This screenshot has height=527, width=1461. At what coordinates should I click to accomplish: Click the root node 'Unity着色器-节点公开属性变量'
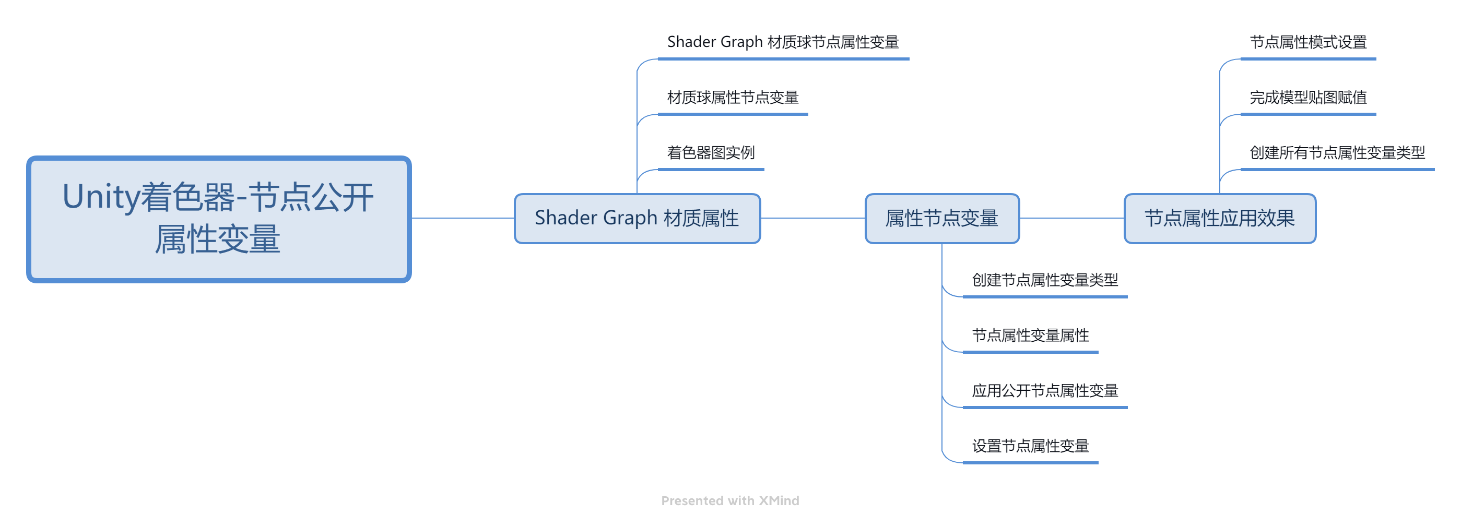tap(219, 219)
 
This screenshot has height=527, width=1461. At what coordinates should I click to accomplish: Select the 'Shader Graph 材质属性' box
tap(637, 218)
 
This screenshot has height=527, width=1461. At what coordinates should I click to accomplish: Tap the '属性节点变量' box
tap(942, 218)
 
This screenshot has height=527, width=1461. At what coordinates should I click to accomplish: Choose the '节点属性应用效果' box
tap(1220, 218)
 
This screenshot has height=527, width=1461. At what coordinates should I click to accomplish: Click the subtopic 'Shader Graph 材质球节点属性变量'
tap(783, 42)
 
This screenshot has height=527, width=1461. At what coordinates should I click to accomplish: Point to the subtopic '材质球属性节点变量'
tap(733, 98)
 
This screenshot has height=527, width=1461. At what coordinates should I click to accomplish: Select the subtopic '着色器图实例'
tap(711, 152)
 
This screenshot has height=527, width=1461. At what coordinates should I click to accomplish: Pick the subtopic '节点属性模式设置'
tap(1309, 42)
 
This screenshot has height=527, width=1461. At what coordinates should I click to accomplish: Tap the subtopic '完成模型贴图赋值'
tap(1309, 98)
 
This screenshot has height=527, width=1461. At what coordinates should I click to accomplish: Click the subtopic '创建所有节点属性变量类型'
tap(1337, 152)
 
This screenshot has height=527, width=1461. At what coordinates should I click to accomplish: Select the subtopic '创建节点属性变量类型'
tap(1045, 280)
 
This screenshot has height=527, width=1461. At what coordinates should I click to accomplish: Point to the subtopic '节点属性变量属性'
tap(1031, 336)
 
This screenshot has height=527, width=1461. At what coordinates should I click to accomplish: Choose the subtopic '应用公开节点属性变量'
tap(1045, 390)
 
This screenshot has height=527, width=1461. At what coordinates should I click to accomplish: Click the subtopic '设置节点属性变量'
tap(1031, 446)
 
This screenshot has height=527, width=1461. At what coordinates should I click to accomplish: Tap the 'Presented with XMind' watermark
tap(730, 500)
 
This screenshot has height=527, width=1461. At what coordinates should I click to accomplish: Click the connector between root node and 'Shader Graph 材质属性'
tap(463, 218)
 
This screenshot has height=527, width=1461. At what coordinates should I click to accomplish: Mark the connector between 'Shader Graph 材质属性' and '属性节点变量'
tap(812, 218)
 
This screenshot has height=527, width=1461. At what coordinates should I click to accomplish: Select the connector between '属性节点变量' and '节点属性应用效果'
tap(1072, 218)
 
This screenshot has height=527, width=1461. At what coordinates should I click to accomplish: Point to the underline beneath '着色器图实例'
tap(711, 170)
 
